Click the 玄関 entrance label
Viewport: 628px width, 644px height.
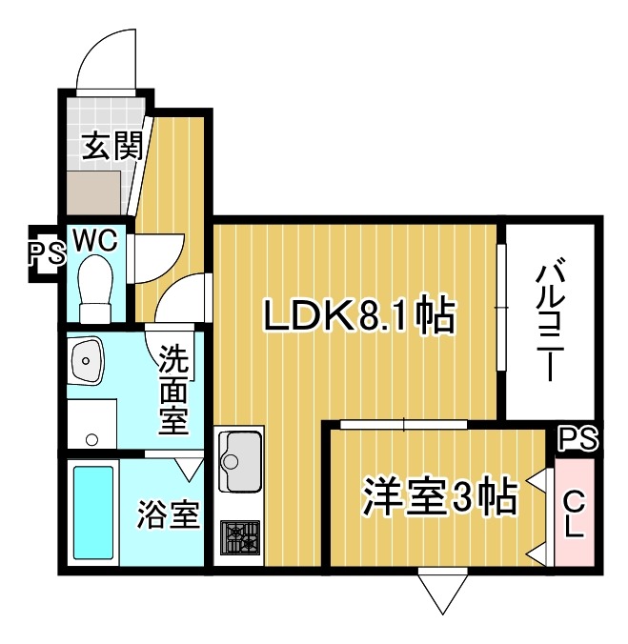112,146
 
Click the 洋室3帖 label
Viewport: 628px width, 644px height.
438,496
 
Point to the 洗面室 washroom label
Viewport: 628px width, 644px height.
172,389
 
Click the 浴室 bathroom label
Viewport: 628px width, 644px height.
168,515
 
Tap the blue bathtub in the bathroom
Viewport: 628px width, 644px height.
93,513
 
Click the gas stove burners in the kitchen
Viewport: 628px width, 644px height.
239,539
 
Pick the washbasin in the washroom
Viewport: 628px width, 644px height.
88,361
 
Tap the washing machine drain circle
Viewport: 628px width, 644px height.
92,439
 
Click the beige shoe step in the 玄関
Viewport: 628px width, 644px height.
95,193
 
